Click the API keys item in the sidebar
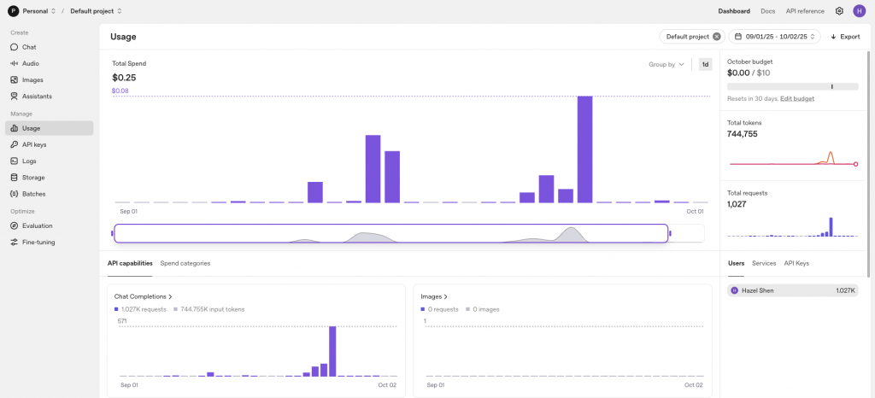(34, 144)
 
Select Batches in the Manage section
(33, 194)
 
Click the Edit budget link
(797, 99)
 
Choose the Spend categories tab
(185, 263)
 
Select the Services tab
(764, 263)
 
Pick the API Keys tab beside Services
(796, 263)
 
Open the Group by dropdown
(667, 64)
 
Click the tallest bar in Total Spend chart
(584, 149)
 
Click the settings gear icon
(839, 11)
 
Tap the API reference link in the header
(805, 11)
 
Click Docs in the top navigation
(767, 11)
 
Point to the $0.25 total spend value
(124, 78)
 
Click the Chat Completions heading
(144, 296)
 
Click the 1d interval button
(705, 64)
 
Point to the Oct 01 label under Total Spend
(695, 211)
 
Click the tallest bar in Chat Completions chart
(332, 351)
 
